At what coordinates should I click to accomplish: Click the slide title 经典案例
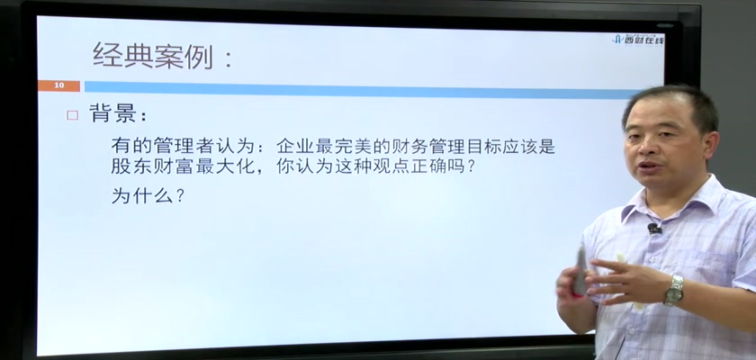point(153,56)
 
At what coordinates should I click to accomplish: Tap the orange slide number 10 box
point(58,85)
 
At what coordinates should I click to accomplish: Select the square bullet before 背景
point(72,115)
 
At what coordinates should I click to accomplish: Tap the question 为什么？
point(148,194)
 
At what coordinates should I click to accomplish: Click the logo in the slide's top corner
point(638,40)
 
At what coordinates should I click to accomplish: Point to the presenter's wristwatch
point(674,290)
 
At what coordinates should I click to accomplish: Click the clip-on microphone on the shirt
point(653,228)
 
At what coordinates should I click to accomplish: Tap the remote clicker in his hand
point(580,271)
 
